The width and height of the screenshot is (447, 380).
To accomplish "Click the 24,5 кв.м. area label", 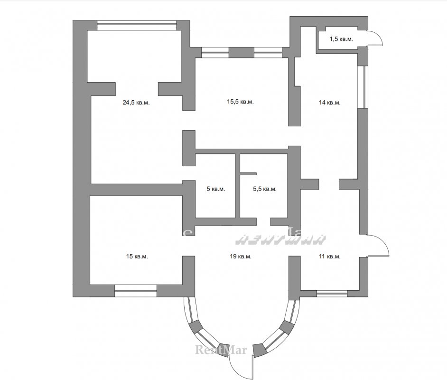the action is (136, 103).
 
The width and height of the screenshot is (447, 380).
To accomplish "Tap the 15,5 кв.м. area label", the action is (240, 102).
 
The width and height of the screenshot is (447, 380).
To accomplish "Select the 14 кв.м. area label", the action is (329, 103).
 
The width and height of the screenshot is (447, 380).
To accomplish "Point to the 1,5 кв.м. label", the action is (341, 39).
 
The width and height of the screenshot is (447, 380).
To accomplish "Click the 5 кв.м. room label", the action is (216, 189).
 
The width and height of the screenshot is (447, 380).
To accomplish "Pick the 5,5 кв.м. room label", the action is (265, 189).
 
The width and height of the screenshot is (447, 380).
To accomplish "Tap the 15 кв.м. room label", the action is (137, 256).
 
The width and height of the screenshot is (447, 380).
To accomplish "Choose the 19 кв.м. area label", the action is (241, 256).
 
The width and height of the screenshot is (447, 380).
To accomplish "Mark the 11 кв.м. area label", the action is (329, 256).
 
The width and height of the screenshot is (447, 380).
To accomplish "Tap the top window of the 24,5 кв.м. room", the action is (137, 25).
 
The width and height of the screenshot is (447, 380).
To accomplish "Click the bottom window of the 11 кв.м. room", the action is (332, 293).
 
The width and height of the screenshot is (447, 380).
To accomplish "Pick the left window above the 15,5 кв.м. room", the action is (215, 53).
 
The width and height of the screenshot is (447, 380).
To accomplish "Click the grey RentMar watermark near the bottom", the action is (221, 350).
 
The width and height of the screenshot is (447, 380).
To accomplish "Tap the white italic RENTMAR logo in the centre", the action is (280, 239).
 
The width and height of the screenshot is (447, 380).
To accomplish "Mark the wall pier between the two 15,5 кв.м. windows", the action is (242, 53).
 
